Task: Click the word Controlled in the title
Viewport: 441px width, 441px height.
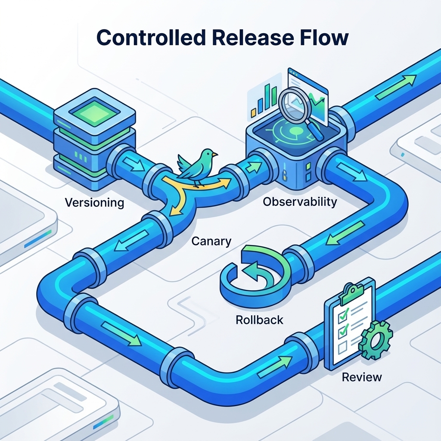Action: (x=151, y=37)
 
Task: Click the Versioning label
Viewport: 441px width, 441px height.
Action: (x=94, y=203)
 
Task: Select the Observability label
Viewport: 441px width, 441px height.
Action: (x=300, y=202)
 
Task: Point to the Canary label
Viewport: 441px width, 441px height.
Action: (x=211, y=242)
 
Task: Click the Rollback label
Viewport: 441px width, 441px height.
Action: (x=259, y=320)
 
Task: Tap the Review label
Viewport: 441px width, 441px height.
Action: (x=362, y=377)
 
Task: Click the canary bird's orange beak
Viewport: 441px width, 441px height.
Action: (x=215, y=155)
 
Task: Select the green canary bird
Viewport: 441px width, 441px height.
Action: (x=197, y=167)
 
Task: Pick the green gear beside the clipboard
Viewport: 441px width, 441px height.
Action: (x=376, y=340)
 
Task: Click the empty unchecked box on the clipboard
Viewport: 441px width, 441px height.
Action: (x=342, y=348)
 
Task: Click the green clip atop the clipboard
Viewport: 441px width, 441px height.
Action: (x=351, y=292)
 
